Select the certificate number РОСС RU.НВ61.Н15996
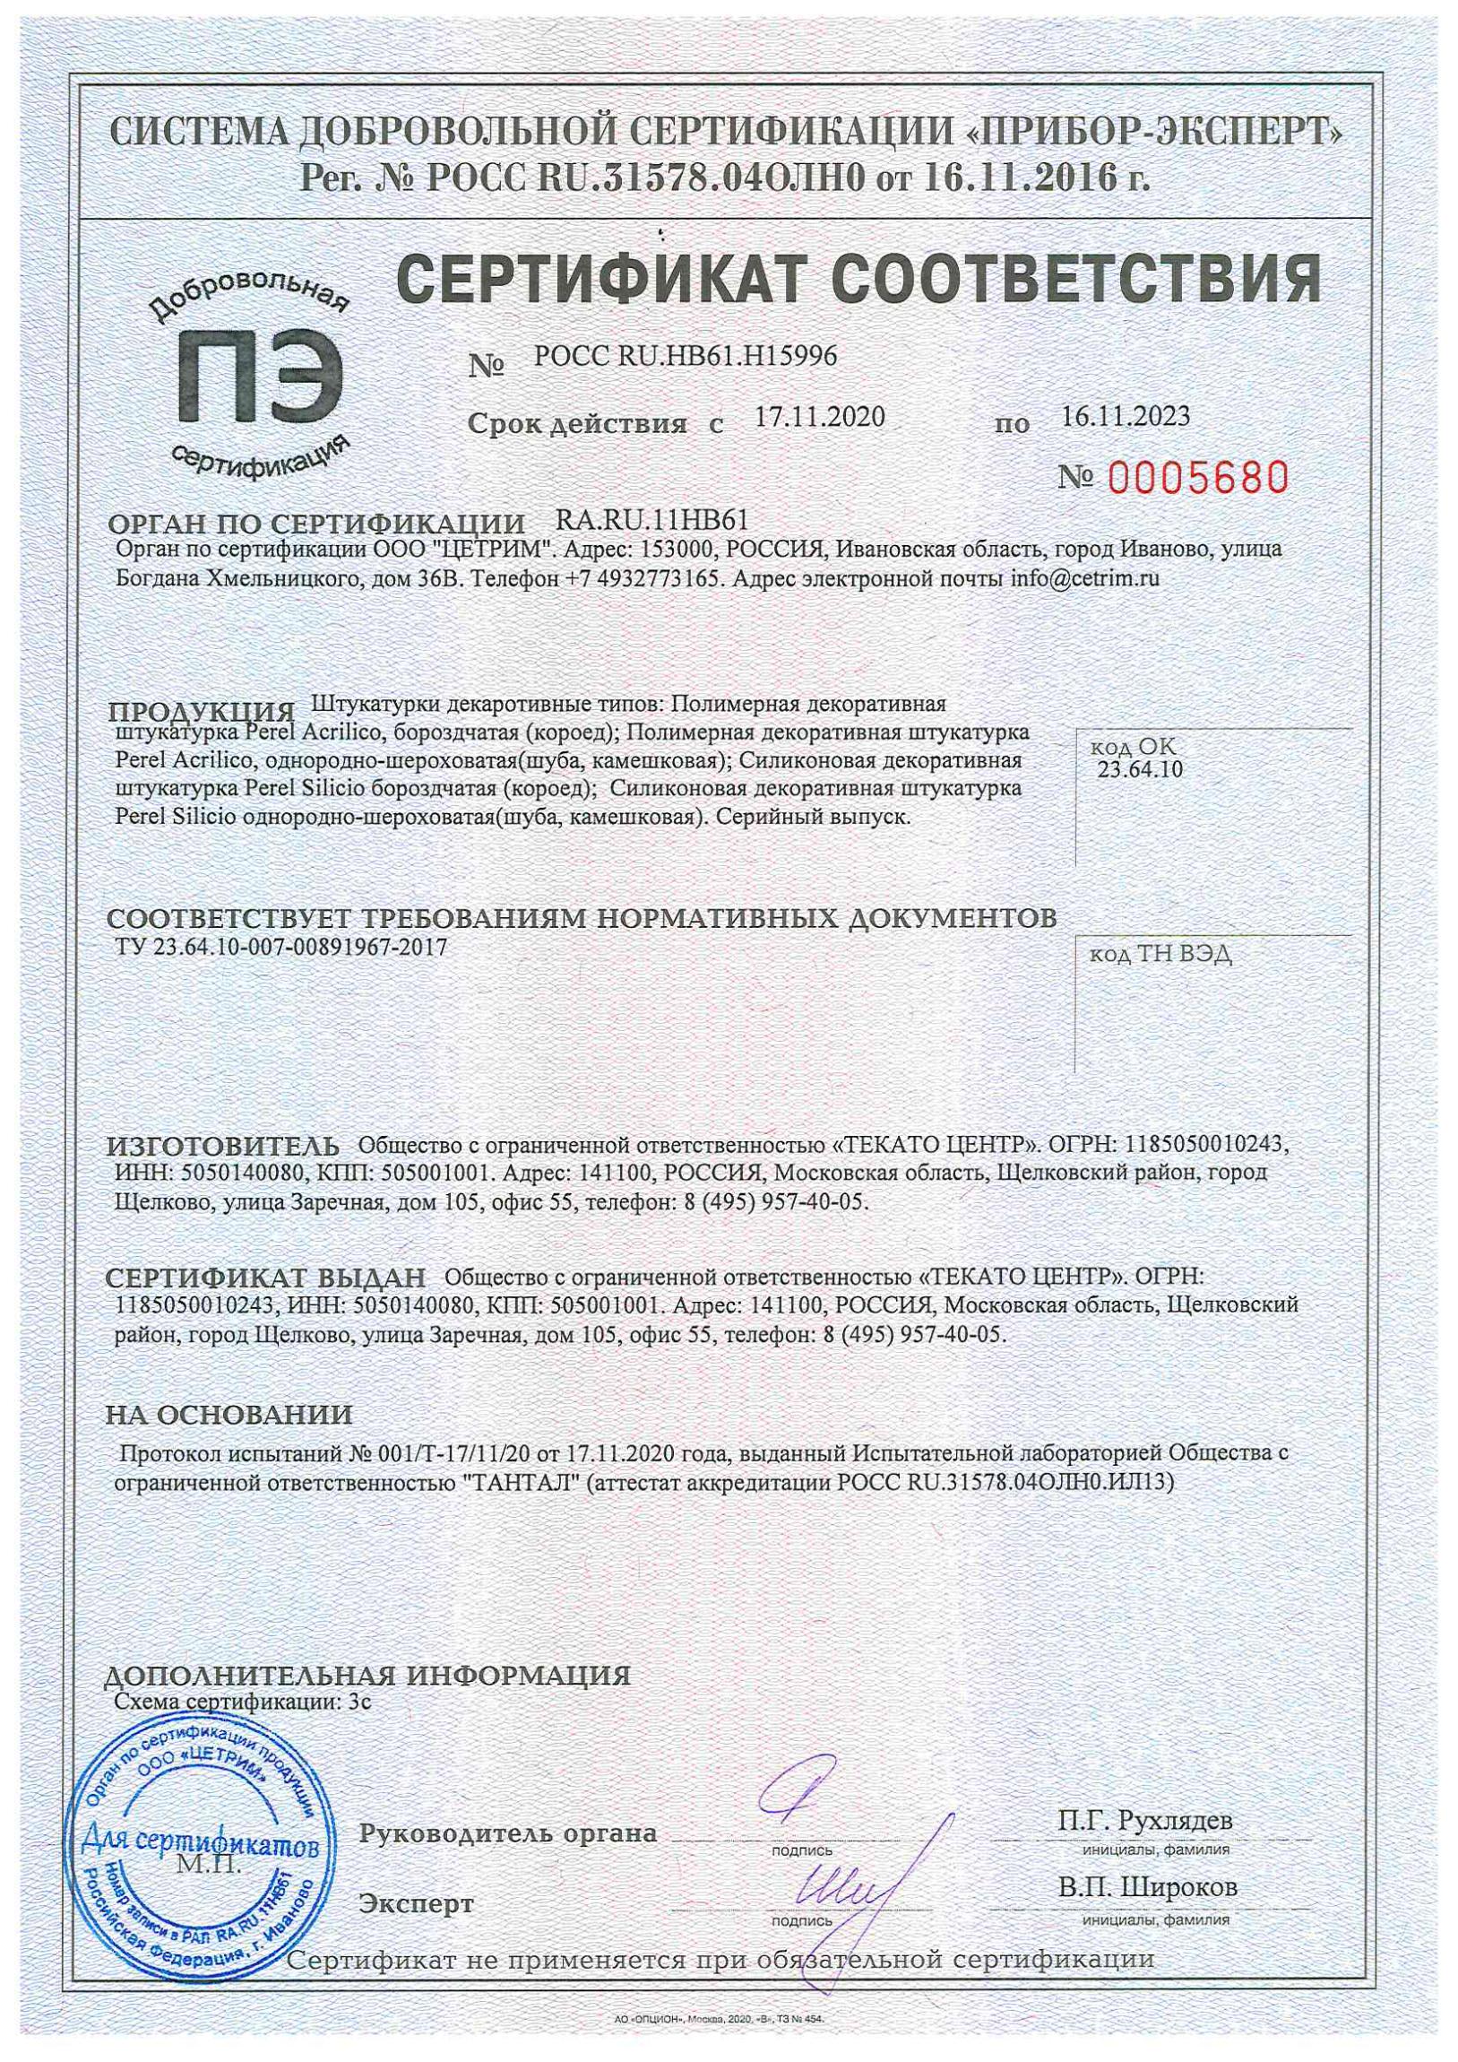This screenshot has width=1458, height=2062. (x=685, y=359)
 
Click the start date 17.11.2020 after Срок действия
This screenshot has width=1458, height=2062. (x=819, y=417)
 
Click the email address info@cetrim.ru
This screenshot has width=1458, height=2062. (x=1084, y=579)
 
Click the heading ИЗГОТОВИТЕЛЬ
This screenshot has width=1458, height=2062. (x=223, y=1146)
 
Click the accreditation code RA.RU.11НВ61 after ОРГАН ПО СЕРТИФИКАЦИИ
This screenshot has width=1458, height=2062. (x=652, y=520)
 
